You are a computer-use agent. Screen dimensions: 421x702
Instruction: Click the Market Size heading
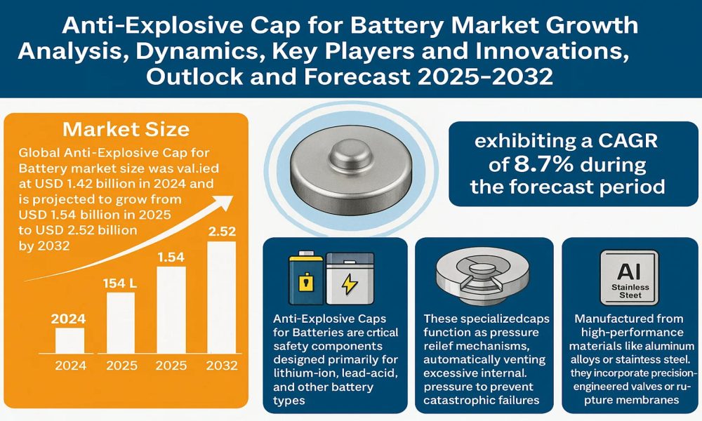tap(126, 129)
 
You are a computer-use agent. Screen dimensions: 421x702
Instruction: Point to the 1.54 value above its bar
tap(171, 257)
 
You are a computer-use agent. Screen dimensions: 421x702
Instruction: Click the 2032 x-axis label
tap(222, 366)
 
